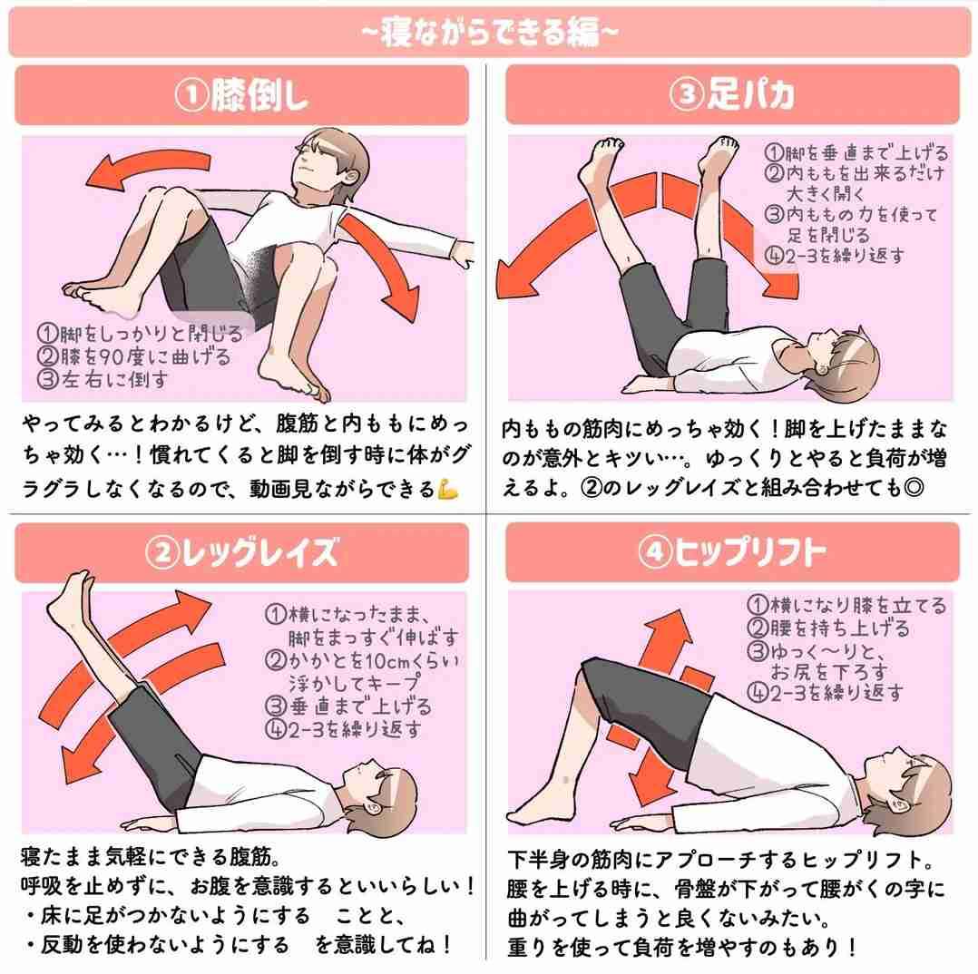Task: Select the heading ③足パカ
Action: click(731, 95)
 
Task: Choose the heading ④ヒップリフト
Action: click(731, 552)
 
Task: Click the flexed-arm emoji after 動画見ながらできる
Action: click(448, 490)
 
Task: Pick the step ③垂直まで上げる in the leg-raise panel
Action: click(349, 706)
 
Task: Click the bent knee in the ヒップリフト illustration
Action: click(594, 676)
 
